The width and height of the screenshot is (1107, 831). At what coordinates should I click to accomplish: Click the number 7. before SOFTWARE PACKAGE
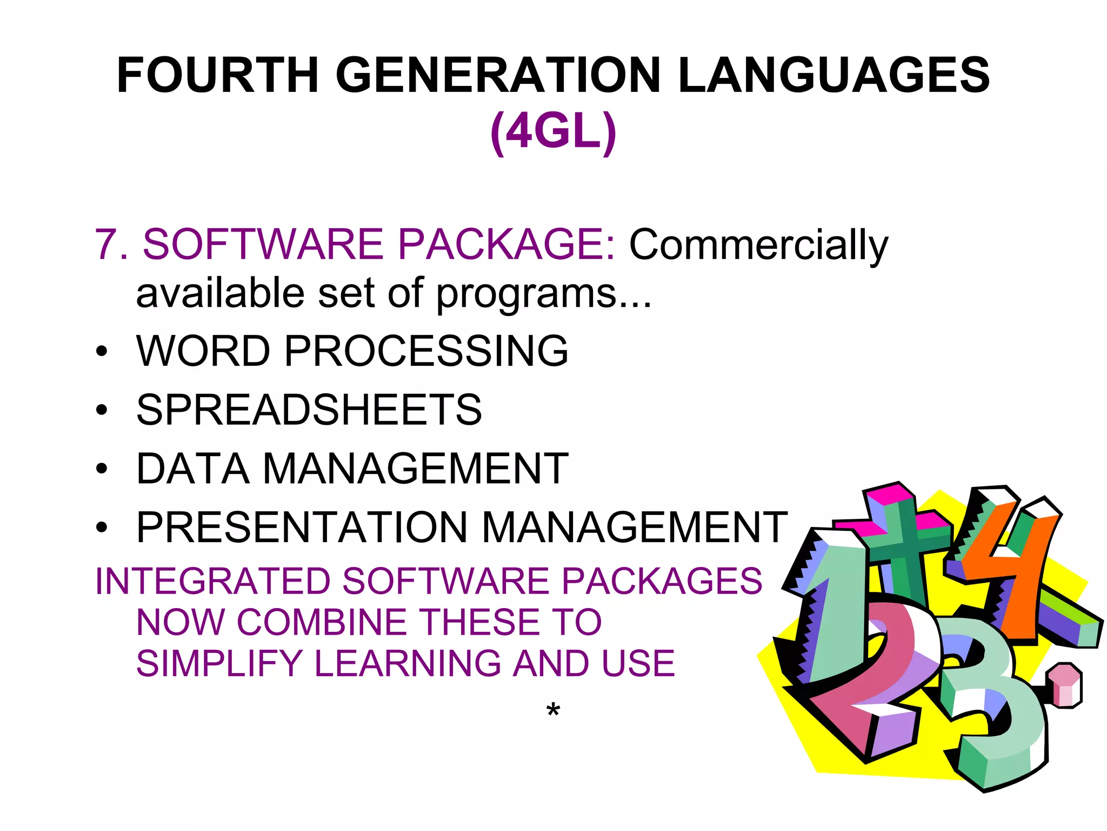111,245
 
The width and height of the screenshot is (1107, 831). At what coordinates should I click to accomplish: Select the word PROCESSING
426,351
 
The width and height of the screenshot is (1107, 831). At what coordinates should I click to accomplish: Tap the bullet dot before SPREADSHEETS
102,410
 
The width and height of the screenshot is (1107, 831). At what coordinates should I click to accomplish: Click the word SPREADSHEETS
309,410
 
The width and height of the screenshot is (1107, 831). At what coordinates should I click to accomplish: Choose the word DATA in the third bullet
193,469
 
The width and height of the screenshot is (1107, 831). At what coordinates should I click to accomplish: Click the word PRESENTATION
302,527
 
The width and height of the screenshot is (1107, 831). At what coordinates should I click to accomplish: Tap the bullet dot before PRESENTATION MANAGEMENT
102,527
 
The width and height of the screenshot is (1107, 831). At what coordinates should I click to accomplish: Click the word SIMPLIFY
219,664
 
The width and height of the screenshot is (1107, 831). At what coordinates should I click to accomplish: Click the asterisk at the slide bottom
553,709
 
